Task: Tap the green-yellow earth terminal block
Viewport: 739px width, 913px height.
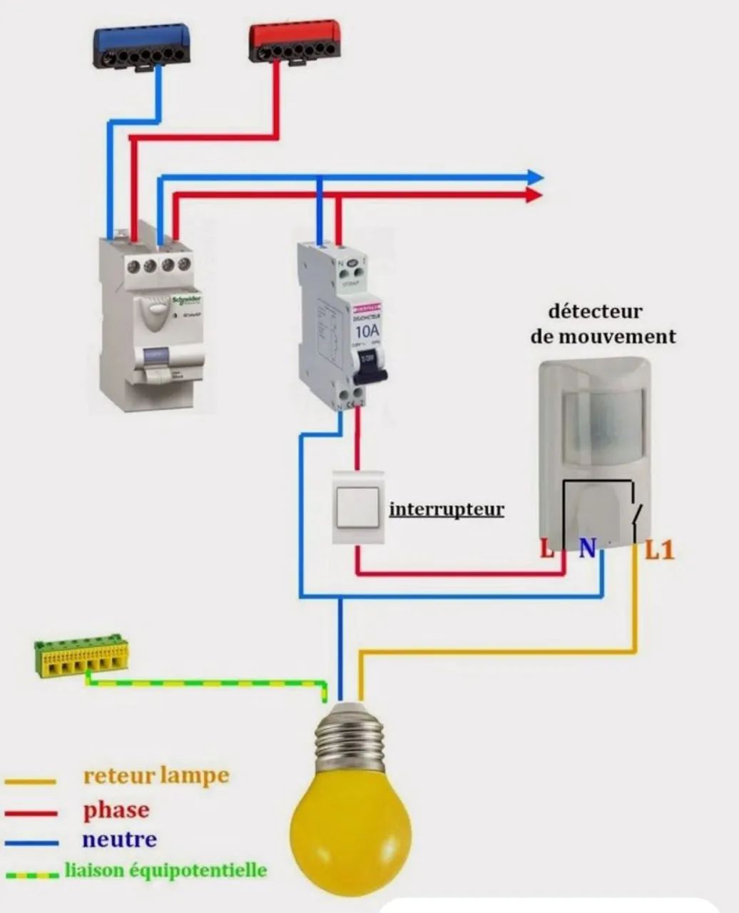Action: (x=81, y=656)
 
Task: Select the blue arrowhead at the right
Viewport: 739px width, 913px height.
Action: (x=534, y=178)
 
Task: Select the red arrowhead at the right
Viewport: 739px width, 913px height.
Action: (x=534, y=195)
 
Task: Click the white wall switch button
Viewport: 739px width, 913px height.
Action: (x=358, y=508)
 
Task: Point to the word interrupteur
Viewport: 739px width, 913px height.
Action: (x=447, y=510)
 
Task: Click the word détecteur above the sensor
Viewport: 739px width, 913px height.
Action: (x=595, y=312)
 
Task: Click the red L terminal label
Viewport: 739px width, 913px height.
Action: (x=547, y=549)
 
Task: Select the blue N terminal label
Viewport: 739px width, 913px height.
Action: (x=587, y=549)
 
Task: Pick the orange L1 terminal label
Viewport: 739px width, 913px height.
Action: (x=660, y=550)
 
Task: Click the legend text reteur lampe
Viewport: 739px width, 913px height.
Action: (x=156, y=775)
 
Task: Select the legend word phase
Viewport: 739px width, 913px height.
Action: (x=116, y=810)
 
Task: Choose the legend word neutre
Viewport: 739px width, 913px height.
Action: (x=119, y=840)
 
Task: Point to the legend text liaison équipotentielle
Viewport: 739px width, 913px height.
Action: (x=165, y=870)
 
